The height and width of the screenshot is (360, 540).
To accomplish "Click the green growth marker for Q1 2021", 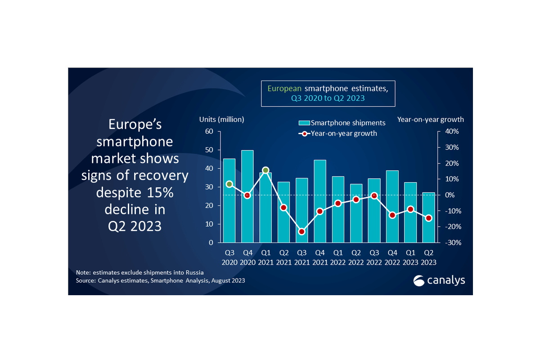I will [x=265, y=170].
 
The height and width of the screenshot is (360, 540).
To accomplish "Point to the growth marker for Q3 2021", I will [x=302, y=232].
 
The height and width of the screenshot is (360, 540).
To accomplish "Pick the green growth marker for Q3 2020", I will [x=229, y=184].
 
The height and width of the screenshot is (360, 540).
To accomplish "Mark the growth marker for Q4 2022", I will [x=392, y=215].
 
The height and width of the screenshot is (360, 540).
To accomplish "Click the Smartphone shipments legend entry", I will [x=342, y=122].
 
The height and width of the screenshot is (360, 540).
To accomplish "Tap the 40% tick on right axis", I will [x=452, y=131].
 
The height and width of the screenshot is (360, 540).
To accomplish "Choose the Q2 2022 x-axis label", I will [x=356, y=258].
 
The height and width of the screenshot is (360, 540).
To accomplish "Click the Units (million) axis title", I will [x=222, y=119].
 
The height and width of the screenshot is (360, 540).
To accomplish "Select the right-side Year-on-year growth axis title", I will [x=430, y=119].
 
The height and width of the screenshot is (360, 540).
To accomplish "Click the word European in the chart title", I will [x=285, y=88].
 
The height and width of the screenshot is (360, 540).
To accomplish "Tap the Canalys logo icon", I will [x=419, y=280].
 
